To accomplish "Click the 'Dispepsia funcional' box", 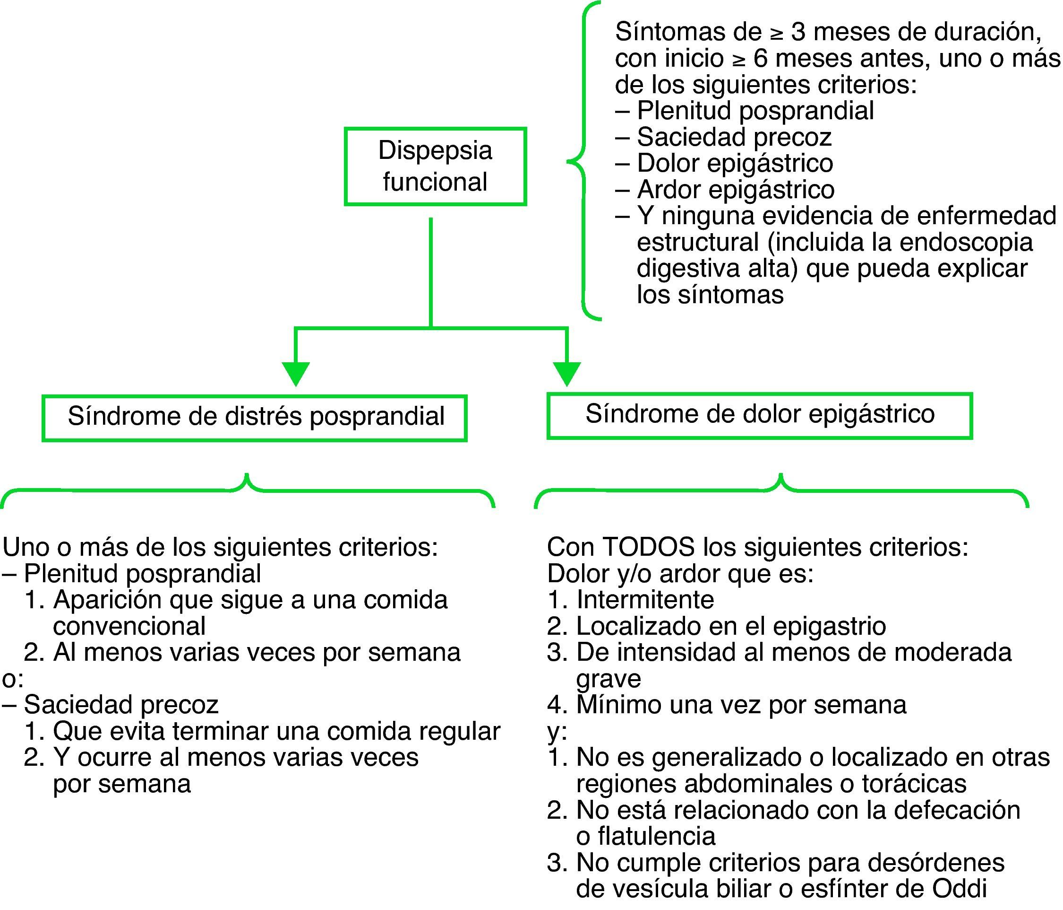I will pyautogui.click(x=435, y=166).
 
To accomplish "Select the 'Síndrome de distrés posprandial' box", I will pyautogui.click(x=255, y=417).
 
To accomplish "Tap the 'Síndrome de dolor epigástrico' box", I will pyautogui.click(x=759, y=415).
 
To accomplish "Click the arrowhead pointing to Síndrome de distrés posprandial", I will pyautogui.click(x=295, y=374).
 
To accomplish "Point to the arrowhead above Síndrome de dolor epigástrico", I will pyautogui.click(x=566, y=374).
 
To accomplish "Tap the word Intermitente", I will pyautogui.click(x=645, y=600).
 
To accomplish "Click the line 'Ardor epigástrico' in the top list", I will pyautogui.click(x=735, y=190).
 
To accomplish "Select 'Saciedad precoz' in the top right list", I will pyautogui.click(x=734, y=137).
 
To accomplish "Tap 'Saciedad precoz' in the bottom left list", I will pyautogui.click(x=121, y=705).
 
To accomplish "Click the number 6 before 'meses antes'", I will pyautogui.click(x=760, y=59).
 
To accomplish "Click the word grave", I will pyautogui.click(x=609, y=679).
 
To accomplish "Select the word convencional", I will pyautogui.click(x=129, y=627).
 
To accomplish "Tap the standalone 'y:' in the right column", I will pyautogui.click(x=557, y=731).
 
